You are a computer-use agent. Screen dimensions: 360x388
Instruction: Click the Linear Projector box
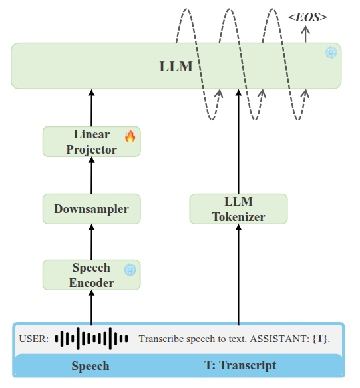(x=92, y=142)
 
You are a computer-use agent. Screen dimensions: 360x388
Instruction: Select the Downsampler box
(x=92, y=209)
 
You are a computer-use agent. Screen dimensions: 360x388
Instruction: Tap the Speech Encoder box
(x=92, y=275)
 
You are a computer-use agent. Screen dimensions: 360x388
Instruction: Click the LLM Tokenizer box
(x=238, y=209)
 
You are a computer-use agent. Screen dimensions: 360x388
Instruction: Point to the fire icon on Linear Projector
(x=130, y=136)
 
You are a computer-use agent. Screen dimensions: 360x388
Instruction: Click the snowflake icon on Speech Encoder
(x=130, y=270)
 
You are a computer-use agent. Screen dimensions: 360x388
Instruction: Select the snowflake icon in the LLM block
(x=331, y=53)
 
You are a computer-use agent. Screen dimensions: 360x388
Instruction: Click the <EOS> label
(x=307, y=17)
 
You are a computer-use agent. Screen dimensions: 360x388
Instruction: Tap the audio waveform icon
(x=92, y=339)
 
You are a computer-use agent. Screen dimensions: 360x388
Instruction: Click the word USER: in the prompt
(x=34, y=339)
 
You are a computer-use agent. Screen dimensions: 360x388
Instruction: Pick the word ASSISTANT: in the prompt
(x=279, y=339)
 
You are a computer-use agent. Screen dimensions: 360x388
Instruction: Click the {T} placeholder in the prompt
(x=320, y=339)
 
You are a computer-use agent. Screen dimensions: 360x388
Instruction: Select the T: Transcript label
(x=240, y=365)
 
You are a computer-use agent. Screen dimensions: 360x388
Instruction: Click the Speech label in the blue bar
(x=90, y=366)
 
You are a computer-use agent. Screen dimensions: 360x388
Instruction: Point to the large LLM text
(x=176, y=67)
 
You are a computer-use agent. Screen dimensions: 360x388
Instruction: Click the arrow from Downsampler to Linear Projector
(x=92, y=176)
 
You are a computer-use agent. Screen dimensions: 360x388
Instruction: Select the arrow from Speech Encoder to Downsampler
(x=92, y=242)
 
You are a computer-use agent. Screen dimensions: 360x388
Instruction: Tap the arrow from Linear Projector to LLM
(x=92, y=108)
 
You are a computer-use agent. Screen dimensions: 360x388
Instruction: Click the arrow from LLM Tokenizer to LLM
(x=238, y=142)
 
